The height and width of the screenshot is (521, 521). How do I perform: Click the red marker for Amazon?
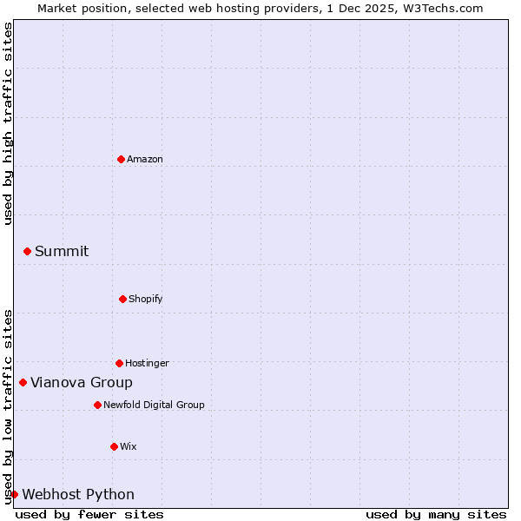(x=121, y=159)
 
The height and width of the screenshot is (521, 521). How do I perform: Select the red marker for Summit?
(x=27, y=251)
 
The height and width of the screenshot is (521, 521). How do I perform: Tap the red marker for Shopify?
(x=122, y=299)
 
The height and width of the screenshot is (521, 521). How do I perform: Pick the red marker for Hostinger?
(x=119, y=363)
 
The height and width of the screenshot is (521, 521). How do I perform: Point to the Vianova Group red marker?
(x=23, y=382)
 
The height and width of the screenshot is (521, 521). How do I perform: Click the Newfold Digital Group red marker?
(x=97, y=405)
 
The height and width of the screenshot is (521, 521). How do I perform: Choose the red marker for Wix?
(x=114, y=446)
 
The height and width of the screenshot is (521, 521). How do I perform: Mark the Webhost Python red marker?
(x=14, y=494)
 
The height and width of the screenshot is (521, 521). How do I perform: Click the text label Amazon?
(x=145, y=159)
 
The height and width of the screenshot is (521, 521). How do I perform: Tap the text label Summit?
(x=62, y=251)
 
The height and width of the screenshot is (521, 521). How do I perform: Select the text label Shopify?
(x=146, y=299)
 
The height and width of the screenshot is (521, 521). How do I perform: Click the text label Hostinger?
(x=147, y=363)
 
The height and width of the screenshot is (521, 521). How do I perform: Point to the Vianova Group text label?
(x=82, y=382)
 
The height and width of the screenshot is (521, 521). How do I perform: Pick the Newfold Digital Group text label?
(x=154, y=405)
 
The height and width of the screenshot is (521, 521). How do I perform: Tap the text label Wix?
(x=129, y=446)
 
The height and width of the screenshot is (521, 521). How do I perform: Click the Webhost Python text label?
(x=78, y=494)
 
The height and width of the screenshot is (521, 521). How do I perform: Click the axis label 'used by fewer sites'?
(x=89, y=514)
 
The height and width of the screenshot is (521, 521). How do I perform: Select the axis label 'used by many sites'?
(x=436, y=514)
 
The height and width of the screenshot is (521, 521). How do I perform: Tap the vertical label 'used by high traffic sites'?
(x=8, y=123)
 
